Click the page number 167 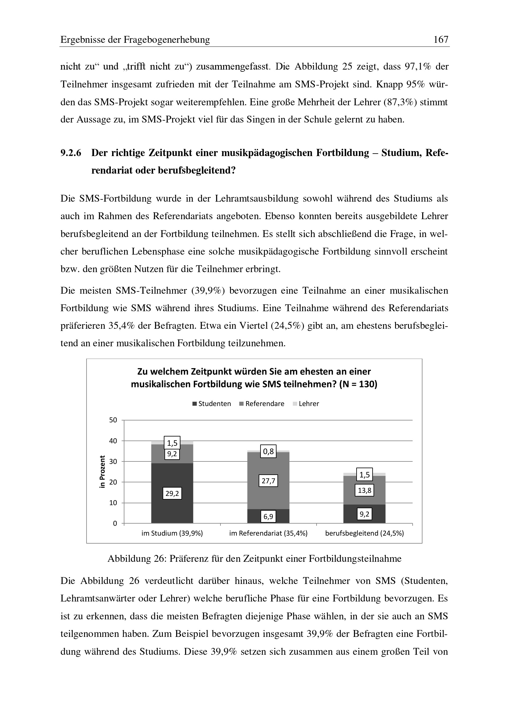(441, 39)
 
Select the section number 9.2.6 (71, 153)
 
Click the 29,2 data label (172, 493)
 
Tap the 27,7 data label (268, 481)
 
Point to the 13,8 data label (364, 490)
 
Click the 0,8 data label (268, 452)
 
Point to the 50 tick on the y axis (113, 420)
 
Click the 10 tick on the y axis (113, 503)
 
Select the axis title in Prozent (102, 472)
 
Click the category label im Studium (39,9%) (172, 533)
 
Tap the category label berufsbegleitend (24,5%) (364, 533)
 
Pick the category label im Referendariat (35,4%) (268, 533)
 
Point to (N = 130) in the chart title (358, 384)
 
